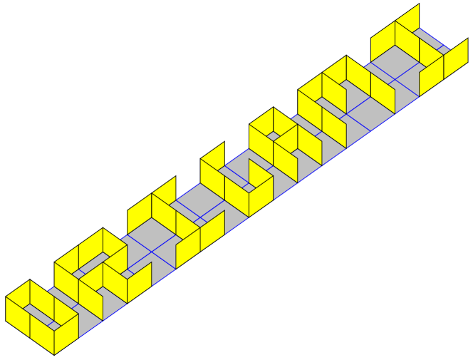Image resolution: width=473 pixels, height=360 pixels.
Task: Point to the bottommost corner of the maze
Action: tap(54, 354)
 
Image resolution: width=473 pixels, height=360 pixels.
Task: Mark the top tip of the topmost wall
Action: tap(419, 4)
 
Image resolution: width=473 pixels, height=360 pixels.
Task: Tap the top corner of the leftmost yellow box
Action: tap(30, 280)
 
